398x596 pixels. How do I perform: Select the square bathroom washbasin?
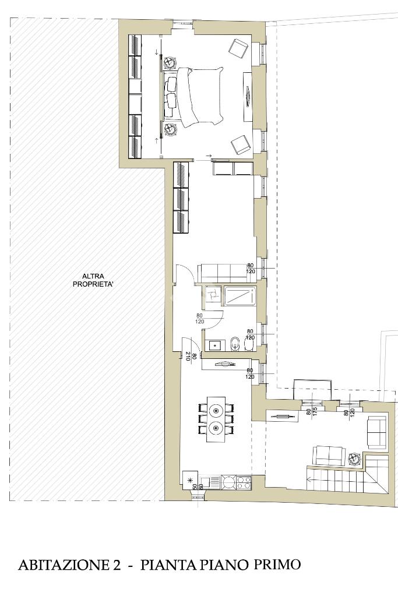click(x=216, y=345)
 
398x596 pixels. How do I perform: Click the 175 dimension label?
click(x=314, y=412)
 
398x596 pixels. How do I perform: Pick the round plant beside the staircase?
click(x=354, y=459)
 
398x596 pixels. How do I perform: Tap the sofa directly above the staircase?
click(x=329, y=456)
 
